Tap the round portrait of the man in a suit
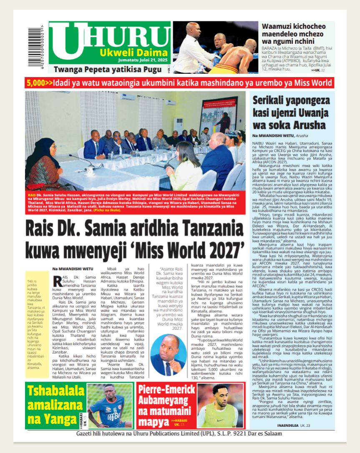tap(168, 355)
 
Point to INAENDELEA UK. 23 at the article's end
tap(294, 425)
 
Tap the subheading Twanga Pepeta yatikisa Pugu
tap(109, 70)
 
